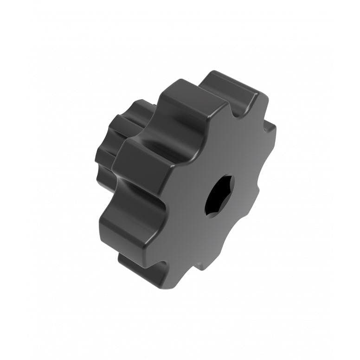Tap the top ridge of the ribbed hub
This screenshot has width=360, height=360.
(139, 104)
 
